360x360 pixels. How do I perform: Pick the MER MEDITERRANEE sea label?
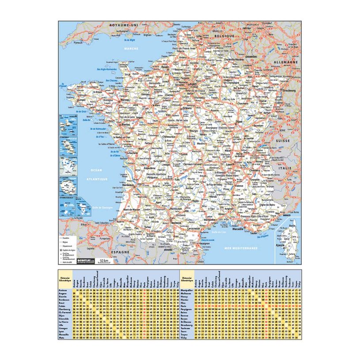[241, 249]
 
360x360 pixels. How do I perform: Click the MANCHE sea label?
[131, 48]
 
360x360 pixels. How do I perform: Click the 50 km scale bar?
[104, 261]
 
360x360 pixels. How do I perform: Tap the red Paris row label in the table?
[186, 305]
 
